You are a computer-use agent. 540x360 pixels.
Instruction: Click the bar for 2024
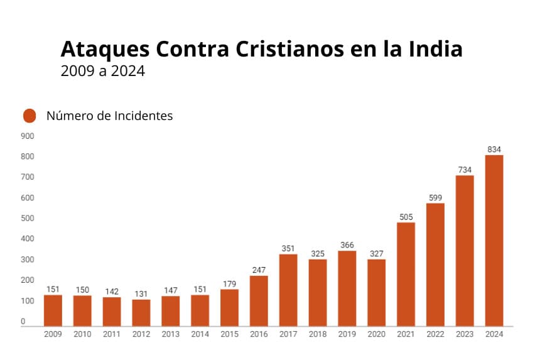point(494,241)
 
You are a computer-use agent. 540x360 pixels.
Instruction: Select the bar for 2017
point(288,290)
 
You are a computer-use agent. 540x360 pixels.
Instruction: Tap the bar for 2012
point(141,313)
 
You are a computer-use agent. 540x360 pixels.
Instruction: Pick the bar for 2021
point(406,274)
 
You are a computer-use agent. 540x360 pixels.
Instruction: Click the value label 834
point(494,149)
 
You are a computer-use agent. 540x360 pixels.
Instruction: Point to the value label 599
point(435,198)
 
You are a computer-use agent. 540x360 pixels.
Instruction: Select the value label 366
point(347,245)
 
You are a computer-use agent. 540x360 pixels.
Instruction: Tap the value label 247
point(259,270)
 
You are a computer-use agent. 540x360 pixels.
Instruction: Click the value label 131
point(141,294)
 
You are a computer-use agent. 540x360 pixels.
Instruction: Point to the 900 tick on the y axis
point(28,136)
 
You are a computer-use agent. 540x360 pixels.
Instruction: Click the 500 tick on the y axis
point(28,219)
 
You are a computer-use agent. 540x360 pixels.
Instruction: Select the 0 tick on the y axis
point(23,322)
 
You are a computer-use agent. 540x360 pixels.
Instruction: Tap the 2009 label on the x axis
point(53,334)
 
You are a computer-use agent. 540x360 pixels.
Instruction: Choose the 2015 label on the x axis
point(229,334)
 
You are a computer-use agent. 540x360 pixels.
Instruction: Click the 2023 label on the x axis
point(465,334)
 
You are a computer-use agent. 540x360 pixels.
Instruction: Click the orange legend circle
point(30,116)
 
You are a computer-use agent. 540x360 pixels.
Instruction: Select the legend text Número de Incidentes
point(109,116)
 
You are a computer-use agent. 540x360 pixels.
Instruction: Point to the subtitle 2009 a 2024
point(102,71)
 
